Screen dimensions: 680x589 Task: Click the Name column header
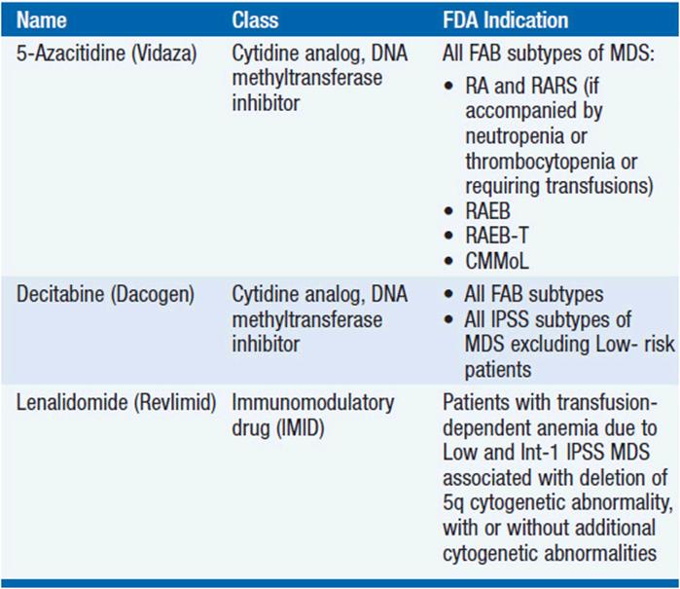click(x=42, y=20)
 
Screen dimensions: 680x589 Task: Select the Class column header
click(x=255, y=20)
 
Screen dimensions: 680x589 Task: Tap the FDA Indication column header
click(x=505, y=20)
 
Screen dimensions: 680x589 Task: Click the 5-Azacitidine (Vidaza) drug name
click(x=107, y=54)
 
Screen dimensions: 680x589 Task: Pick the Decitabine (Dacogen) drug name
click(x=105, y=294)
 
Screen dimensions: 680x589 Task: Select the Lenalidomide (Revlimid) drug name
click(x=116, y=403)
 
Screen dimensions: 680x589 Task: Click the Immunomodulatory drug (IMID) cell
click(x=313, y=416)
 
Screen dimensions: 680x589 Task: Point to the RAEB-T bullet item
click(x=497, y=236)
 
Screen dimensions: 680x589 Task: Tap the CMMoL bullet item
click(x=497, y=261)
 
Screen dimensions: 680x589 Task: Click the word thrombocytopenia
click(x=540, y=162)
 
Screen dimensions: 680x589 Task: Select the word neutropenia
click(x=515, y=136)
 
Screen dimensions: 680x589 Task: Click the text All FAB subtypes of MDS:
click(x=549, y=54)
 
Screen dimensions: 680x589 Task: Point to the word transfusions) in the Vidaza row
click(x=599, y=186)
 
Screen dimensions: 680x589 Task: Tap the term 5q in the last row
click(x=453, y=503)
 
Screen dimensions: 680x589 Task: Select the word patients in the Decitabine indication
click(x=498, y=370)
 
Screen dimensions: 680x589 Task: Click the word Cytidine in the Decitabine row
click(x=266, y=295)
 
